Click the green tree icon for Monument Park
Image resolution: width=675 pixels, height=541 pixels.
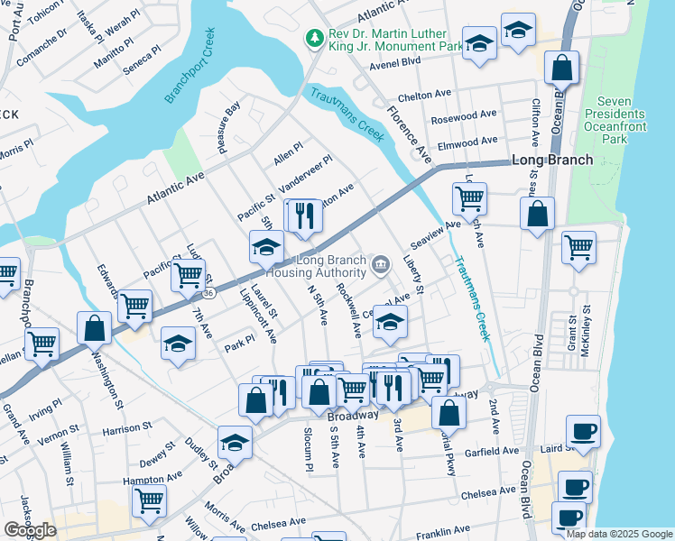(x=315, y=37)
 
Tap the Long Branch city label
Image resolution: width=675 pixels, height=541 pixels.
(x=551, y=160)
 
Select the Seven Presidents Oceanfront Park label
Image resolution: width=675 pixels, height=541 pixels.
(x=615, y=121)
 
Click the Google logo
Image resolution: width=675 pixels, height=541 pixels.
(x=30, y=530)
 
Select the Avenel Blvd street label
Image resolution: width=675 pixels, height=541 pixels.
(x=395, y=62)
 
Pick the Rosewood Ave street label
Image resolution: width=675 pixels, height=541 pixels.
(x=464, y=116)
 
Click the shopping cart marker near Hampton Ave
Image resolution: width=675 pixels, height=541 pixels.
(x=149, y=499)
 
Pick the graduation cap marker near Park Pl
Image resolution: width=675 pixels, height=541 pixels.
(x=179, y=343)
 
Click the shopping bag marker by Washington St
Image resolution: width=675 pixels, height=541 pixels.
(x=94, y=328)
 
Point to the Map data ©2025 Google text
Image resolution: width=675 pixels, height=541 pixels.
(x=619, y=534)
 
